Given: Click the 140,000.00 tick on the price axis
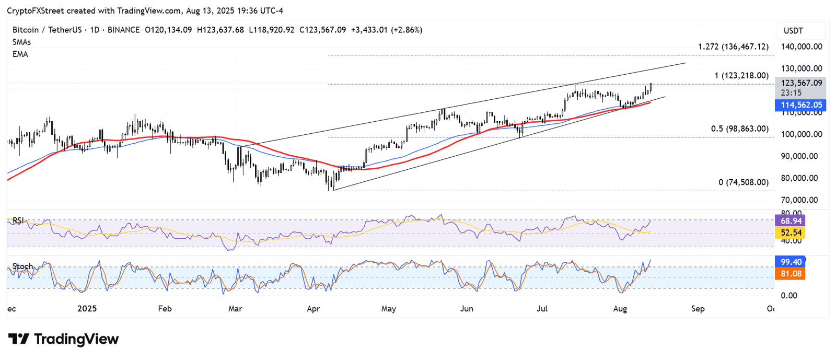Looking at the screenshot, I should coord(801,47).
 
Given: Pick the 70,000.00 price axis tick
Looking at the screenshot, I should coord(799,200).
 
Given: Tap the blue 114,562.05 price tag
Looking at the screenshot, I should coord(801,105).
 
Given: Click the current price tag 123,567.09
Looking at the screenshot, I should coord(801,83).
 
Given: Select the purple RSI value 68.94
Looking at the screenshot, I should coord(791,221).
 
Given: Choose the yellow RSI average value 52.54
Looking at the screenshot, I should coord(791,233).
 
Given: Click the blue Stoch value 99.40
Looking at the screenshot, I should coord(791,262).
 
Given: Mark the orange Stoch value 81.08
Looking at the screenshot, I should coord(791,274).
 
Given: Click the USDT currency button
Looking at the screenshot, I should coord(793,31).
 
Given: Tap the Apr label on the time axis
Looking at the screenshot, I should coord(313,309).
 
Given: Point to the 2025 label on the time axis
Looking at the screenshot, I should coord(87,309).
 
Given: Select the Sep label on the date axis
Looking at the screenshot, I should coord(698,309).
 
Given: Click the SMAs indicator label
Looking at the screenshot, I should coord(21,42).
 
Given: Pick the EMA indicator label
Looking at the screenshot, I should coord(20,54).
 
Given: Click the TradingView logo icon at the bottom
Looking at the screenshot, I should coord(19,339).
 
